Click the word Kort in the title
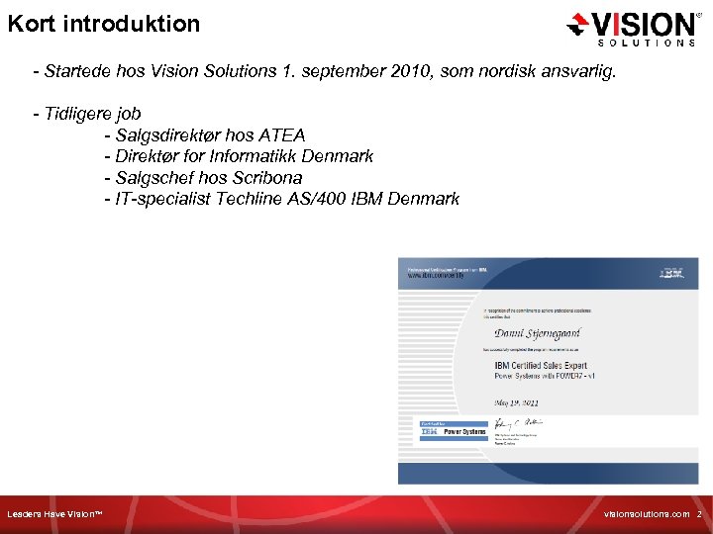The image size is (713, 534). (30, 23)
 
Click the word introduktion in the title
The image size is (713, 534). (131, 23)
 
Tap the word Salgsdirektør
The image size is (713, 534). (164, 134)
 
